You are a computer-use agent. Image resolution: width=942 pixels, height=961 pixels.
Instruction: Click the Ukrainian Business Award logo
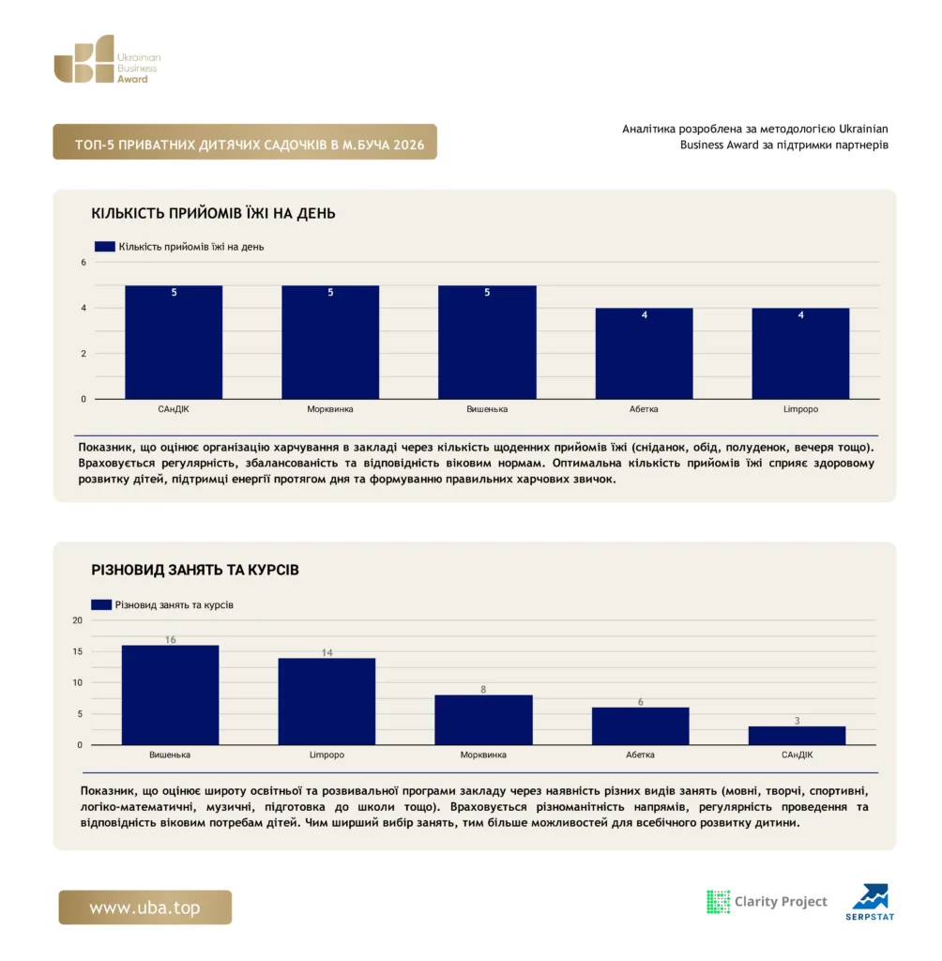tap(107, 59)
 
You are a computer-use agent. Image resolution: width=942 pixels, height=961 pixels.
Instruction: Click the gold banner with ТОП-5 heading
tap(245, 143)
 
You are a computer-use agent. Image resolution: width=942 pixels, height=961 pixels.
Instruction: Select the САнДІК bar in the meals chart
tap(174, 342)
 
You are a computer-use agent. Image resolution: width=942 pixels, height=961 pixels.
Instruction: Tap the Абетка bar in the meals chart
tap(645, 354)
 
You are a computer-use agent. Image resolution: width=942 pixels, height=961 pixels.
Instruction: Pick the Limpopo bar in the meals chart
tap(800, 354)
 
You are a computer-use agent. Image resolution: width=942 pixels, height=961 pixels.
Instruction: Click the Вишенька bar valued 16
tap(171, 695)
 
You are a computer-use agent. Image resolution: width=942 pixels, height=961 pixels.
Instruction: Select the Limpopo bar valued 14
tap(327, 702)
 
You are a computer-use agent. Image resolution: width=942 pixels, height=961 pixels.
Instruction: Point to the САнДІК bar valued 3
tap(797, 736)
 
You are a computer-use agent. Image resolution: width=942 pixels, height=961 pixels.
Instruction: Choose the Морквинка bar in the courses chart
tap(483, 720)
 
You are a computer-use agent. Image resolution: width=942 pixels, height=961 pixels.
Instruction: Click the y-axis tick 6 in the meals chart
tap(84, 263)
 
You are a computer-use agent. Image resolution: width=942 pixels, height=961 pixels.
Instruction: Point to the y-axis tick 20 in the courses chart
tap(77, 620)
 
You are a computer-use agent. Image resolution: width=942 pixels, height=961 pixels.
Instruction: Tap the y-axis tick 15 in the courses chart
tap(77, 651)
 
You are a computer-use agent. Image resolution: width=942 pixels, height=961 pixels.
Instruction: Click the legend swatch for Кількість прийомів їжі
tap(105, 247)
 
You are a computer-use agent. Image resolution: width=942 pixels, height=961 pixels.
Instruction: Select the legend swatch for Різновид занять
tap(101, 605)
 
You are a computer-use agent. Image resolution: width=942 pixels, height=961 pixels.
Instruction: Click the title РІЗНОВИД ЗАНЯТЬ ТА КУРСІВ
tap(195, 570)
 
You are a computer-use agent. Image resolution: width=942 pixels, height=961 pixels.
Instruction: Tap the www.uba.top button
tap(145, 908)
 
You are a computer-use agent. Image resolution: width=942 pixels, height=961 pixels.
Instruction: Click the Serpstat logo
tap(871, 902)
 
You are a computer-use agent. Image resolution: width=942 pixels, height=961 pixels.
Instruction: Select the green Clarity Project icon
tap(719, 902)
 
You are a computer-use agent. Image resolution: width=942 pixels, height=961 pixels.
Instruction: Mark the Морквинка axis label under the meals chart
tap(329, 409)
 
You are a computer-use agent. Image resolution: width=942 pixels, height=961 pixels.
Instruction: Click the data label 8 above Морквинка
tap(483, 690)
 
